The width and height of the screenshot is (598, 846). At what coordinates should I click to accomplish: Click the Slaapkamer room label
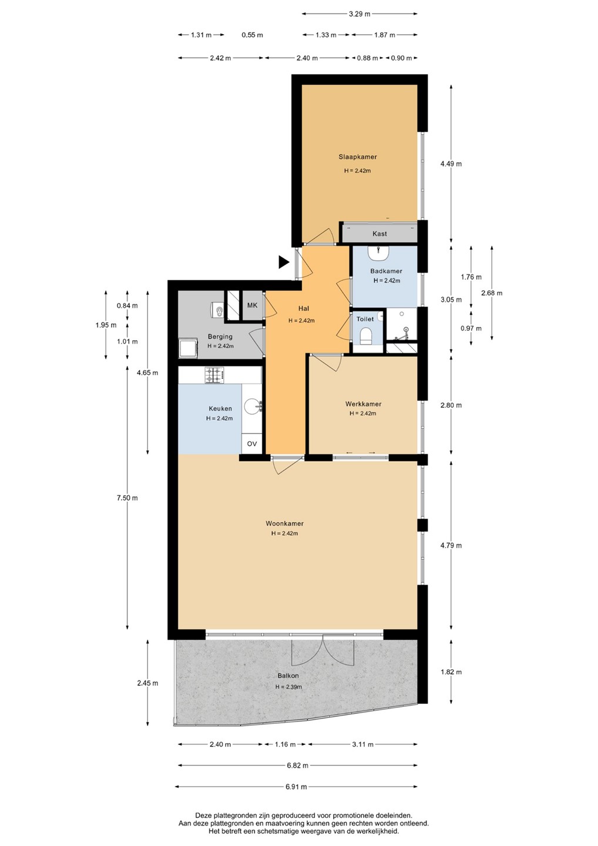357,157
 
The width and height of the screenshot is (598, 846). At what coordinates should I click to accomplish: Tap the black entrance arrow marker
284,262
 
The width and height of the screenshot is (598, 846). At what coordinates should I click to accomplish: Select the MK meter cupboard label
252,305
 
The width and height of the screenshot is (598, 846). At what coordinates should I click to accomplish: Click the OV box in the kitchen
252,444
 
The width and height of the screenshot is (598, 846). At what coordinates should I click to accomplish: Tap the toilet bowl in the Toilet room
366,335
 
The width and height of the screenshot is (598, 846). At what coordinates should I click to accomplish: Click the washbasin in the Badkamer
378,253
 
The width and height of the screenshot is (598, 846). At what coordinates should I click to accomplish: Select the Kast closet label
379,234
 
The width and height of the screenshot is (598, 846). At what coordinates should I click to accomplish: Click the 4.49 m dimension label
451,164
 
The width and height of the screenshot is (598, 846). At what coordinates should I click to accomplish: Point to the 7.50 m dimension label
127,498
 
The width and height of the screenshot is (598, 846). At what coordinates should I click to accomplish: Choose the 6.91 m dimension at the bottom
296,787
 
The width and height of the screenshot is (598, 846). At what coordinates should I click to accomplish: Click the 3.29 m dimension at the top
360,14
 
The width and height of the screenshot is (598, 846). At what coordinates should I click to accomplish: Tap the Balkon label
288,676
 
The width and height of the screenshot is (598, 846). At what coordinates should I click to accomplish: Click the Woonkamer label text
284,523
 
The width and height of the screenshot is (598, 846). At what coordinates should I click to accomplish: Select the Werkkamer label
363,404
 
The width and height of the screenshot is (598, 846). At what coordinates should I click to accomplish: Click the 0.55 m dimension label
252,35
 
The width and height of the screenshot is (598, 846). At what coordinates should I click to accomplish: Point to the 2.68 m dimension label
492,293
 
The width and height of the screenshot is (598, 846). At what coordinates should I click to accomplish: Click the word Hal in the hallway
304,308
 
